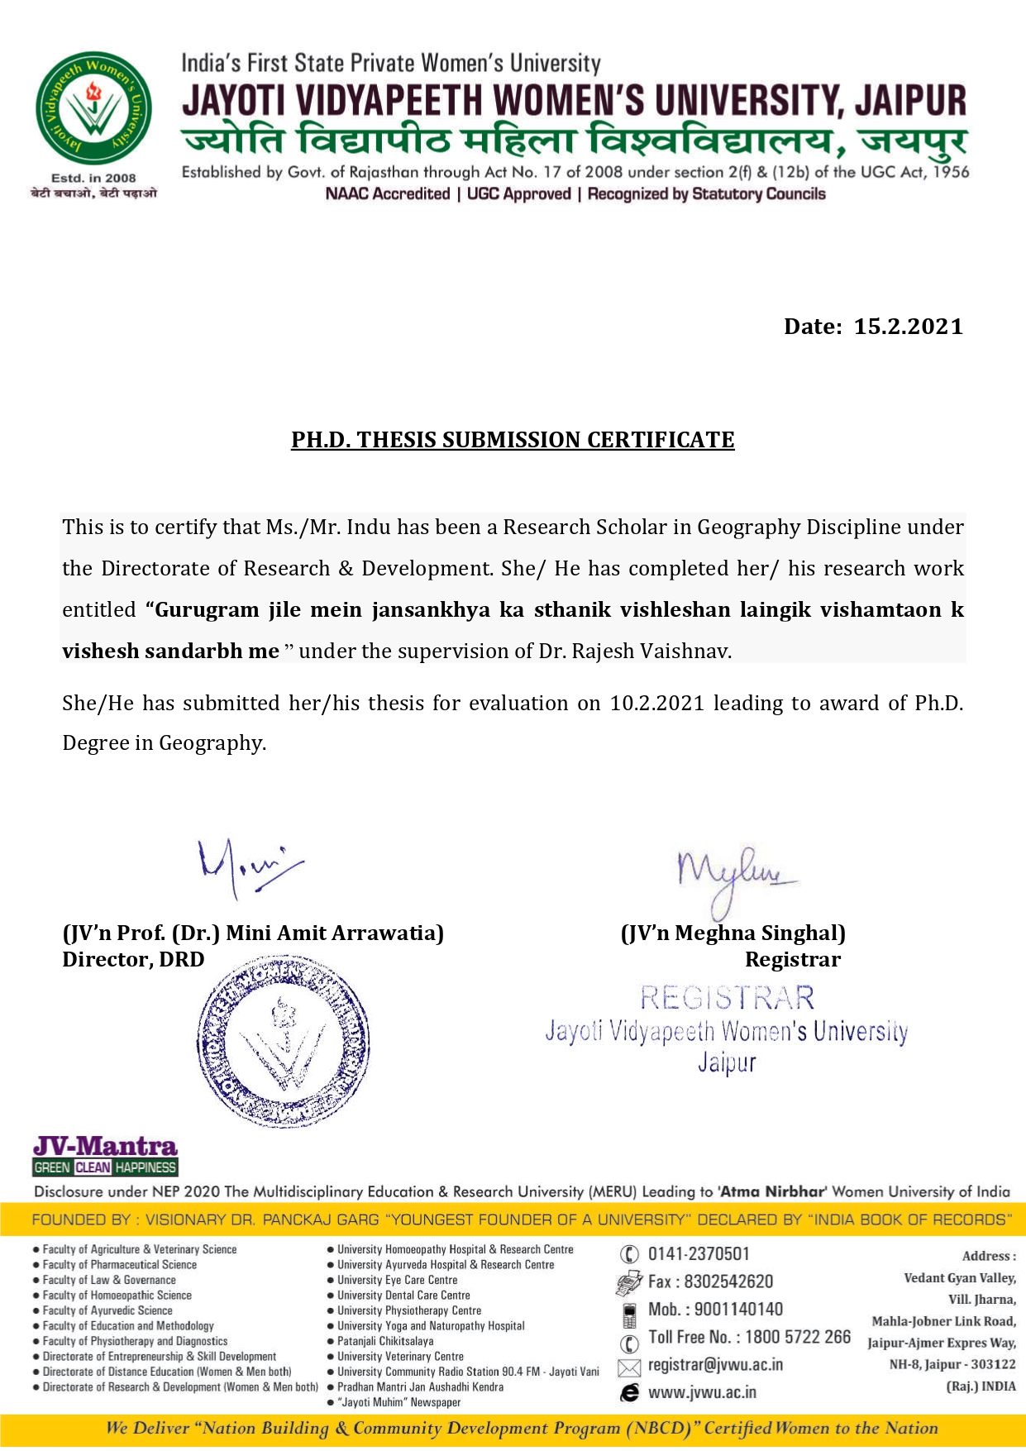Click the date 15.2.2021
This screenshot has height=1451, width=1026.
pyautogui.click(x=908, y=327)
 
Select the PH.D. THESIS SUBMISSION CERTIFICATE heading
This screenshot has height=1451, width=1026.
pyautogui.click(x=513, y=440)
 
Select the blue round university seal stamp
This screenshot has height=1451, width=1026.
pyautogui.click(x=284, y=1042)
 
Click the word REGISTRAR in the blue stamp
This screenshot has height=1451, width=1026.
pyautogui.click(x=727, y=999)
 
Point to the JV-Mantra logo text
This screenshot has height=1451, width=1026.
pyautogui.click(x=105, y=1147)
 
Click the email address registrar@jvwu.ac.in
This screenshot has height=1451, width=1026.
pyautogui.click(x=715, y=1365)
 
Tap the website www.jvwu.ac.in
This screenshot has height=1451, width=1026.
pyautogui.click(x=702, y=1392)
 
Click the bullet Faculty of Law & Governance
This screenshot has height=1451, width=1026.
pyautogui.click(x=109, y=1280)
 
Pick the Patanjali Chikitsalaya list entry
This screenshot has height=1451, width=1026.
pyautogui.click(x=385, y=1341)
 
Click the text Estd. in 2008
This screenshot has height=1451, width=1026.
pyautogui.click(x=93, y=178)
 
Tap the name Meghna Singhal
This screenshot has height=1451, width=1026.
pyautogui.click(x=759, y=933)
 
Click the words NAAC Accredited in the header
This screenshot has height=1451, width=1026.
pyautogui.click(x=387, y=194)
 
